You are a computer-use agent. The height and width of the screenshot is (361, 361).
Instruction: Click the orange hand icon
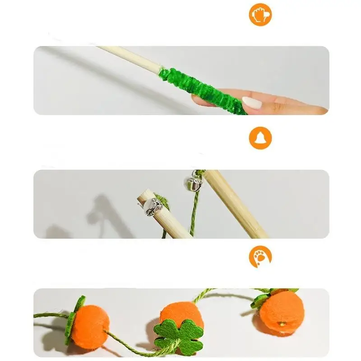pos(260,14)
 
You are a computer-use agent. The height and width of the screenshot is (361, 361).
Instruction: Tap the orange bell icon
pos(260,138)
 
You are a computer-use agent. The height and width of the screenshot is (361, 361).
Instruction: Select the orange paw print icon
pos(260,257)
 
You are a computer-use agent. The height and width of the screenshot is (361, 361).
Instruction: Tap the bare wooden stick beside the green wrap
pos(131,59)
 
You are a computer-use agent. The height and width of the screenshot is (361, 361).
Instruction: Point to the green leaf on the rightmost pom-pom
pos(261,300)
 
